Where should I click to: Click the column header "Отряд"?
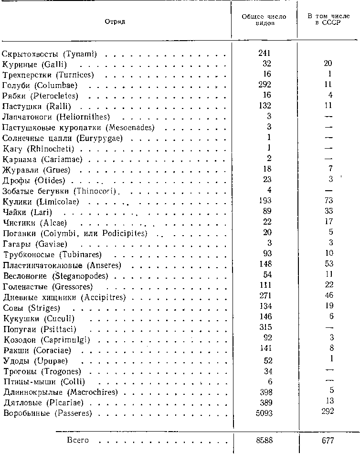[x=115, y=22]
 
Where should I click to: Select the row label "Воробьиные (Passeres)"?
[x=47, y=413]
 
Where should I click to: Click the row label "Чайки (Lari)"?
[x=27, y=212]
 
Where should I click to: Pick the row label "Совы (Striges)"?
[x=31, y=308]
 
